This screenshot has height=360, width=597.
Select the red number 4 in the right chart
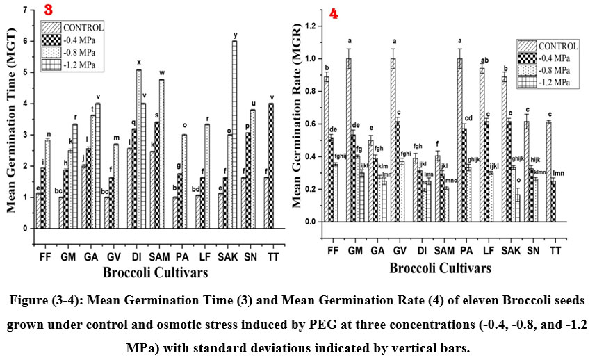click(334, 14)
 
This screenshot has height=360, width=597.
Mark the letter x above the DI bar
click(138, 63)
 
